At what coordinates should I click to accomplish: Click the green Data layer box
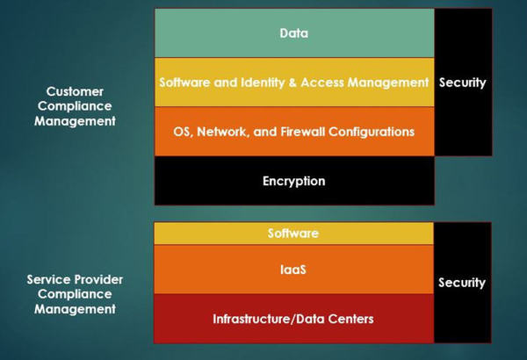(x=293, y=33)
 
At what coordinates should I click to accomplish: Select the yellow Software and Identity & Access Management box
(x=293, y=83)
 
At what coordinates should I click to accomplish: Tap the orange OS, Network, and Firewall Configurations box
(x=293, y=132)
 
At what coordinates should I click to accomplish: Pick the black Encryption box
(x=293, y=182)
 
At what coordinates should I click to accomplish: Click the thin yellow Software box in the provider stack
(x=293, y=234)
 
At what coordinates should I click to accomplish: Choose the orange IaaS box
(x=293, y=270)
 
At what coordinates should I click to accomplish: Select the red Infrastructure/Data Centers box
(x=293, y=318)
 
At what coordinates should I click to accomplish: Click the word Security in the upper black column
(x=461, y=83)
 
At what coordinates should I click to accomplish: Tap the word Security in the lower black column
(x=461, y=283)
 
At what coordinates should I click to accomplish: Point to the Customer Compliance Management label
(x=75, y=106)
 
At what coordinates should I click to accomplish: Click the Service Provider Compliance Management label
(x=75, y=294)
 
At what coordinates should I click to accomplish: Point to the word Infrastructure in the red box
(x=250, y=318)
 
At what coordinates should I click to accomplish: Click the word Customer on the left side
(x=75, y=91)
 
